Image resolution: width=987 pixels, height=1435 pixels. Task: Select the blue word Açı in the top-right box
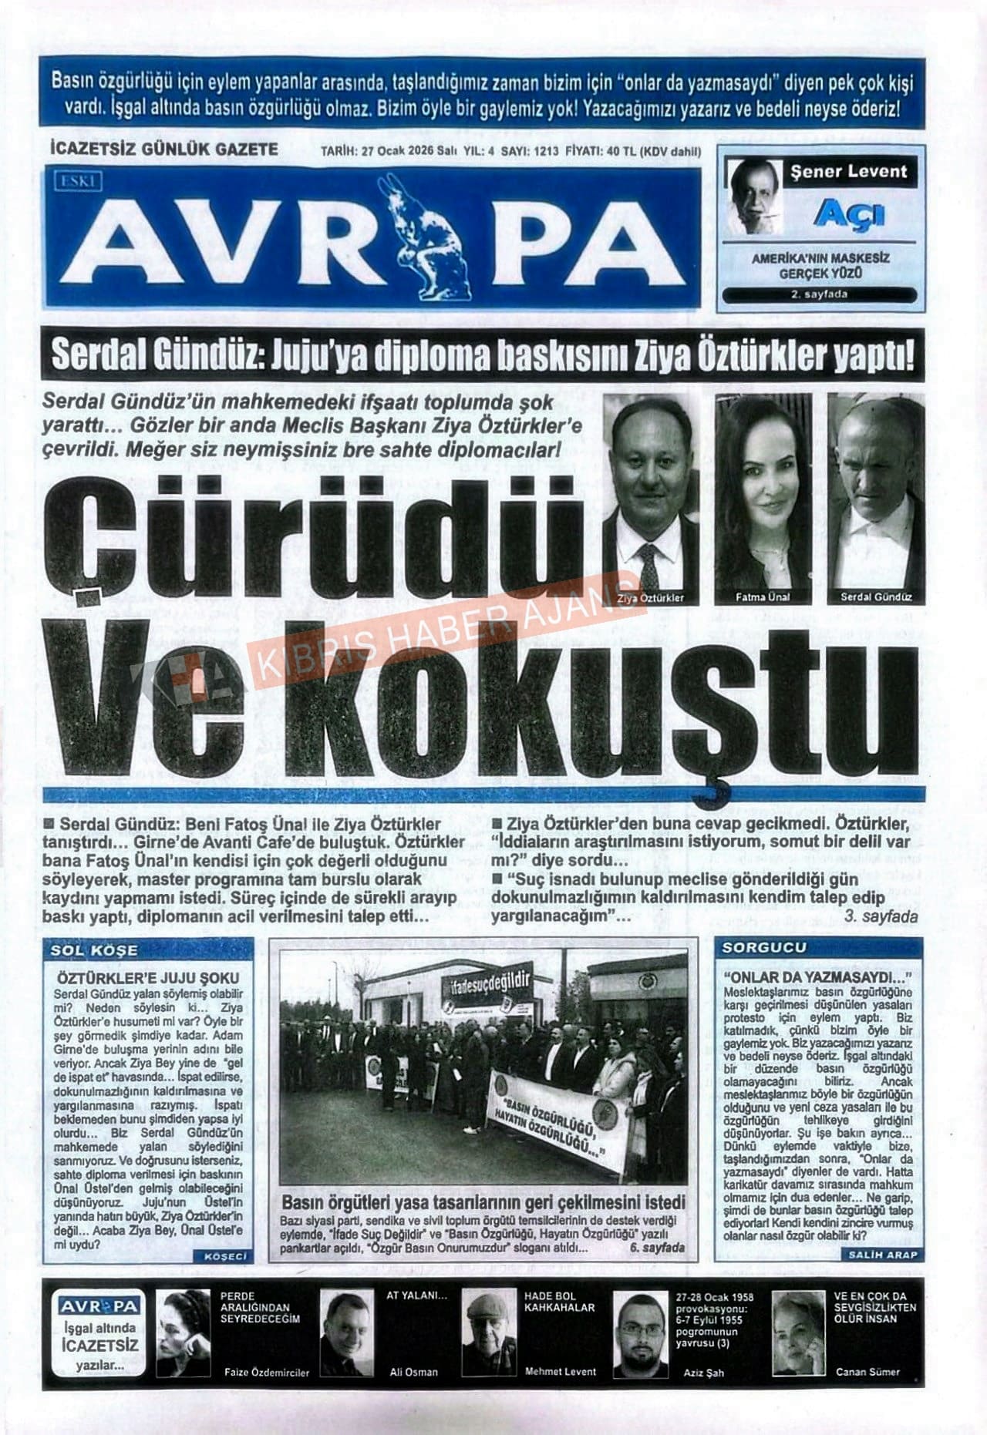click(848, 213)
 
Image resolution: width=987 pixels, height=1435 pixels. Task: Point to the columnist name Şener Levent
click(849, 172)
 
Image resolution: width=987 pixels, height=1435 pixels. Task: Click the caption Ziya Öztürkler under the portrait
click(650, 597)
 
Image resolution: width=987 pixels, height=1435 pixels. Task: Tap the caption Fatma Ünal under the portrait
click(763, 597)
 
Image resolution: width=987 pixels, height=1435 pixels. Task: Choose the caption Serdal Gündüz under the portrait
click(876, 597)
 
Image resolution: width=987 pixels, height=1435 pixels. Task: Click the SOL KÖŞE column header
click(94, 950)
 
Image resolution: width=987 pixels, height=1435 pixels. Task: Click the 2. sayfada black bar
click(820, 294)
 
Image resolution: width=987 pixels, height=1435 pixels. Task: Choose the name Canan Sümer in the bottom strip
click(867, 1372)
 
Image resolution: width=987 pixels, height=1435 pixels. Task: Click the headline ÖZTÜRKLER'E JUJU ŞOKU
click(148, 979)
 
